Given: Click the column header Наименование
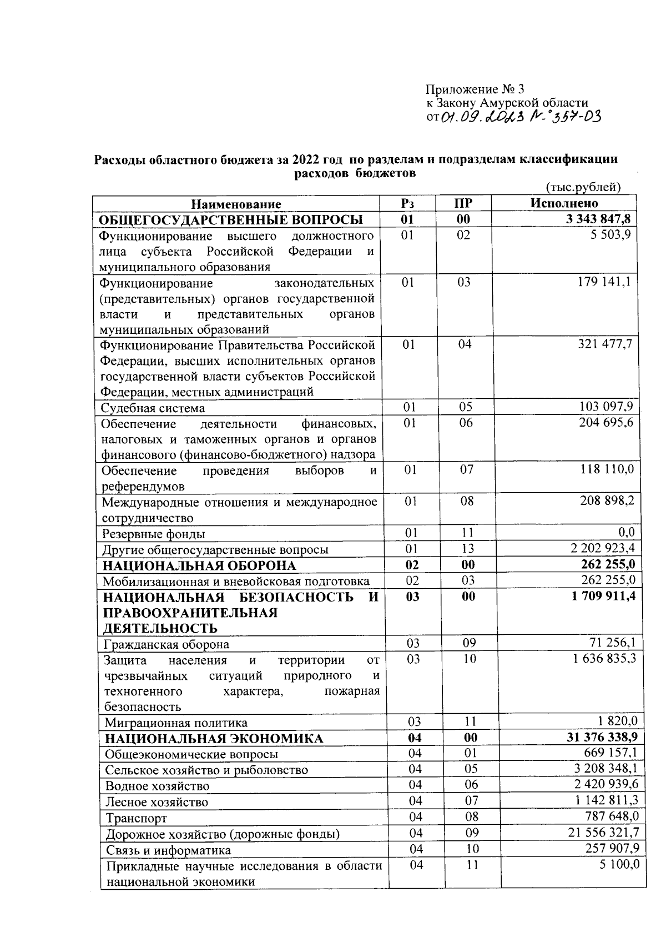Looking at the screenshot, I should (236, 204).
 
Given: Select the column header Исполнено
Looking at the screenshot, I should (564, 203).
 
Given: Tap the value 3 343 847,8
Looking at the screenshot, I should (598, 219).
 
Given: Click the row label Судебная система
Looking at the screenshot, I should (153, 408).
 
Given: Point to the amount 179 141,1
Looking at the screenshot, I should (606, 282).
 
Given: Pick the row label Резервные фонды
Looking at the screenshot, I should (154, 534).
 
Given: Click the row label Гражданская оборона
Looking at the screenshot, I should (167, 645).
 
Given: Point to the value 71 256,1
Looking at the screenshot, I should (612, 643).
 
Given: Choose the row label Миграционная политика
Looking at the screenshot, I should (176, 723).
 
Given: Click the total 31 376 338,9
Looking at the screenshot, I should (597, 737).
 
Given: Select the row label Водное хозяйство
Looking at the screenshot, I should (158, 786).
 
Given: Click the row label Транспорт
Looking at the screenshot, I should (137, 818).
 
